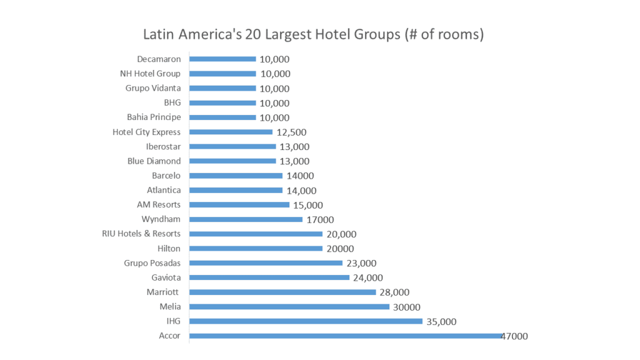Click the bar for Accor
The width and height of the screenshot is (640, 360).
click(x=345, y=336)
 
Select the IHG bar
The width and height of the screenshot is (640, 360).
click(x=306, y=321)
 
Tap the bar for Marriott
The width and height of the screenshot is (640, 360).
click(x=282, y=292)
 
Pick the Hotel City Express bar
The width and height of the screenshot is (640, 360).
click(x=231, y=132)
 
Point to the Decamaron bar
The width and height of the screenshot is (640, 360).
click(x=222, y=59)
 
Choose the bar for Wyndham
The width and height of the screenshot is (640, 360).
click(x=246, y=219)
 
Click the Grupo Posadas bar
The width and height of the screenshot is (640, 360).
click(x=266, y=263)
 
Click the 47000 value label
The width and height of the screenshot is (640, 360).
click(x=514, y=336)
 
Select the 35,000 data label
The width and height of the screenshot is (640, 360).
click(x=441, y=322)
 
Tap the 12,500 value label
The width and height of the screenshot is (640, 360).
click(x=291, y=132)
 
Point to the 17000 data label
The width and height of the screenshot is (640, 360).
click(x=320, y=220)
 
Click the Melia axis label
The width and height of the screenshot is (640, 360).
click(x=170, y=306)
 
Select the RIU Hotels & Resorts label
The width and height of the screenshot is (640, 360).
click(x=141, y=234)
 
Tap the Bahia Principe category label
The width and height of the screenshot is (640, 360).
click(x=154, y=117)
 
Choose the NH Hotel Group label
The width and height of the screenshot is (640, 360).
click(x=150, y=73)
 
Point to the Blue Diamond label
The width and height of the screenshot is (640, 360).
click(x=154, y=161)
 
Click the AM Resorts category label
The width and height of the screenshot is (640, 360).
click(x=159, y=204)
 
